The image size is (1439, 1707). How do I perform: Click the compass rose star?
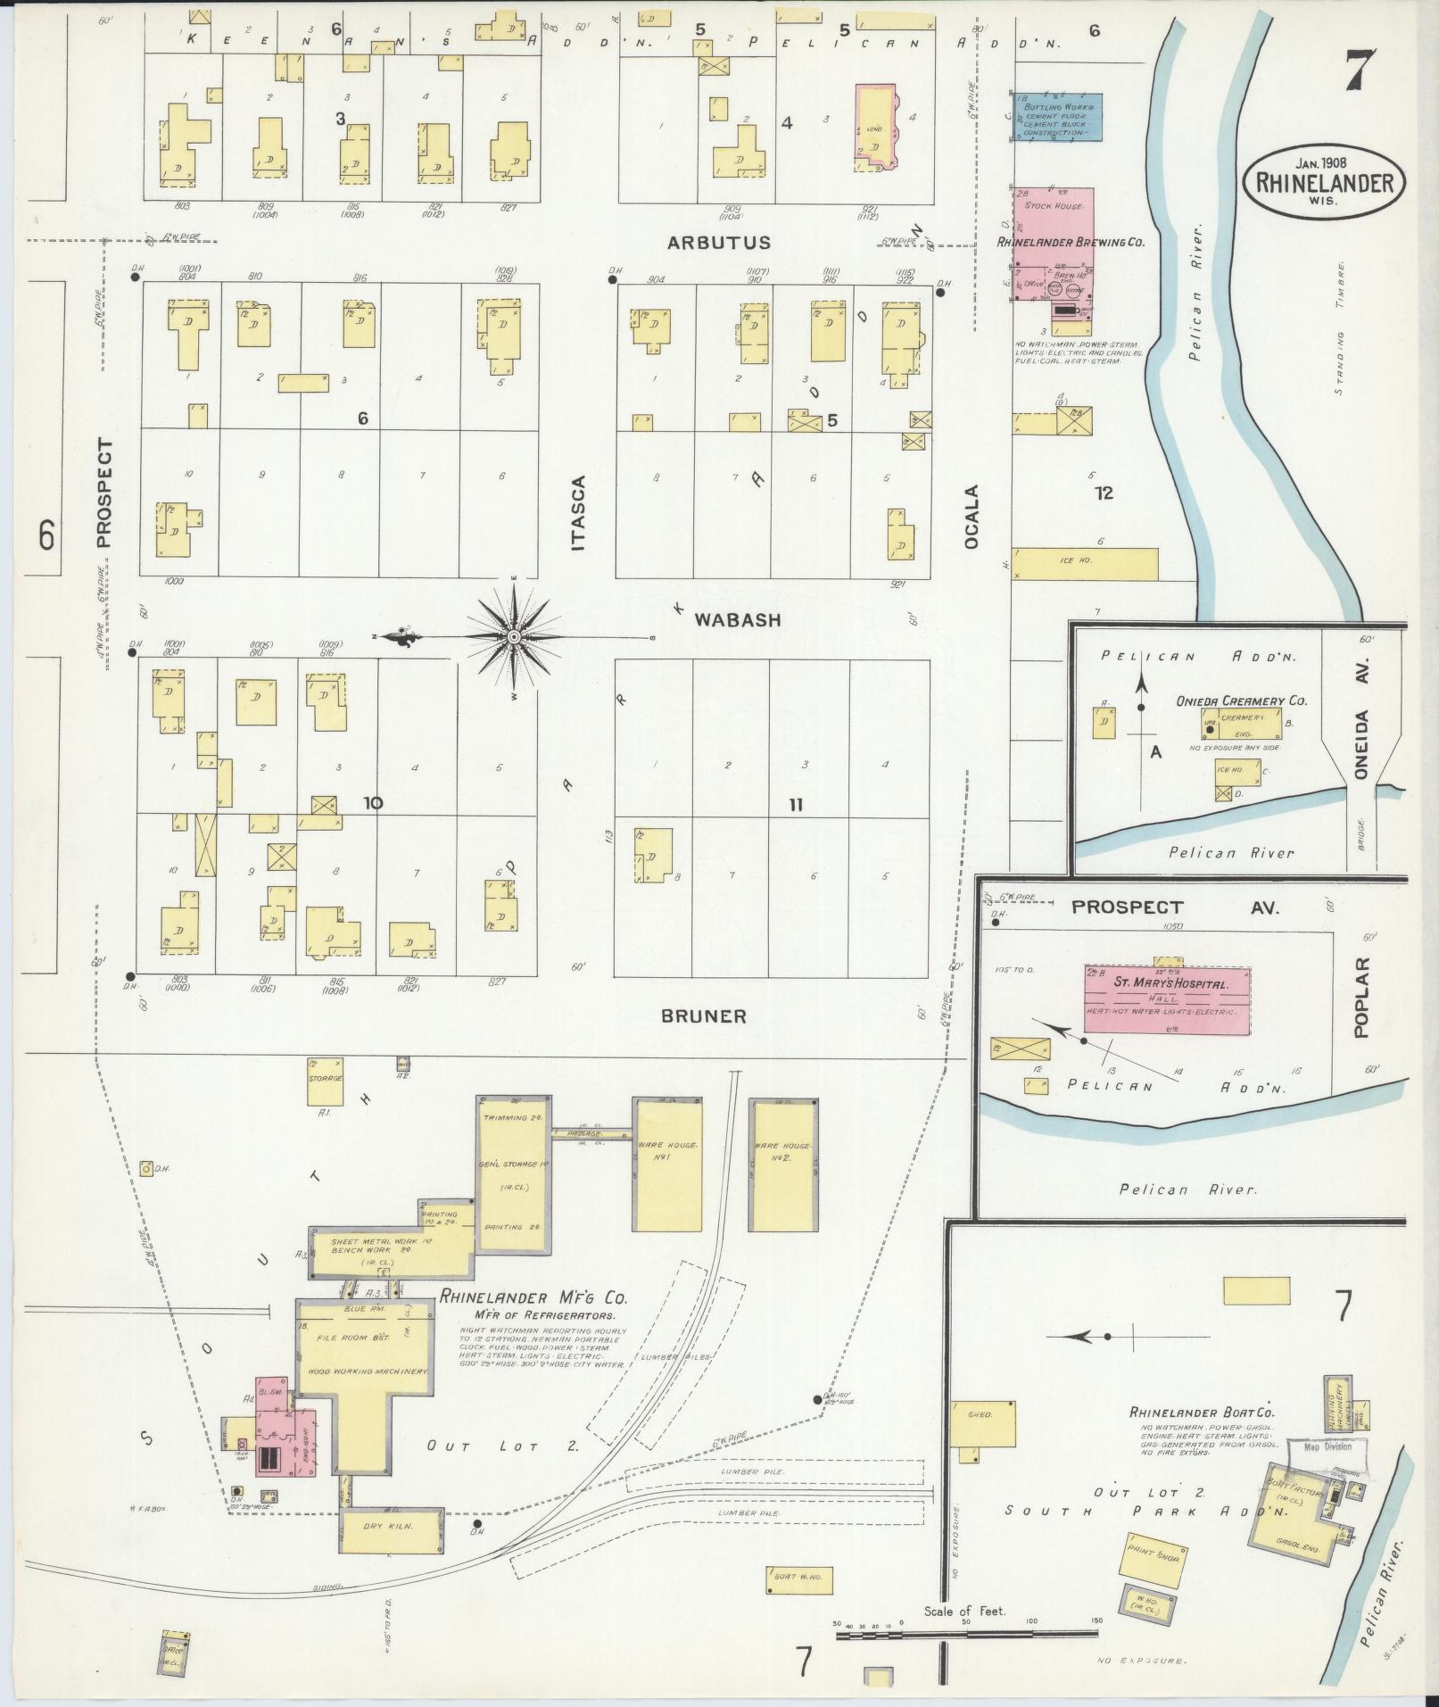[x=515, y=637]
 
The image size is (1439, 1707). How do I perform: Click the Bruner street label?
[x=705, y=1015]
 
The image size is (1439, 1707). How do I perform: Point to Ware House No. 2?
[x=783, y=1164]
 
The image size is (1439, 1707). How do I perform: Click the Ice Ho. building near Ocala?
[x=1085, y=562]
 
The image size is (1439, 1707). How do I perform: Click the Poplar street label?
[x=1360, y=998]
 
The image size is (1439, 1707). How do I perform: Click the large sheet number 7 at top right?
[x=1356, y=67]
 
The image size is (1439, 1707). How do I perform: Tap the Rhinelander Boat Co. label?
[x=1202, y=1438]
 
